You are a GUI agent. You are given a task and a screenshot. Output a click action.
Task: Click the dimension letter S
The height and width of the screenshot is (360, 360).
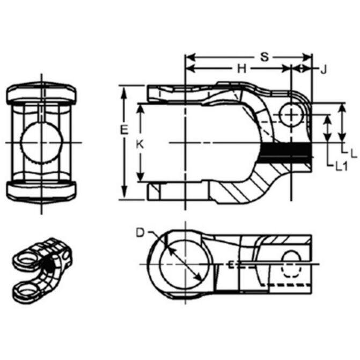[x=265, y=57]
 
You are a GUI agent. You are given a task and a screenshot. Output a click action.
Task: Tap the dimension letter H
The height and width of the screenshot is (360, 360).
[x=242, y=69]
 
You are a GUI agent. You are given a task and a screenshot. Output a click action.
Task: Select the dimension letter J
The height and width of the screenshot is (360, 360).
[x=324, y=69]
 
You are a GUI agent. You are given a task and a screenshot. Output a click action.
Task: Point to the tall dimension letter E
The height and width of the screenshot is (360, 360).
[x=124, y=130]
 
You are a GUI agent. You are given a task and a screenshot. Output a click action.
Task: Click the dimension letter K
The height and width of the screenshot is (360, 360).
[x=140, y=145]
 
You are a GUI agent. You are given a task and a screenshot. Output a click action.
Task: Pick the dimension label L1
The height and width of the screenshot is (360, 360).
[x=342, y=166]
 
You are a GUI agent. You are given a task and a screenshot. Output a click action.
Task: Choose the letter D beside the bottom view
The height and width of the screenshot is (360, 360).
[x=140, y=232]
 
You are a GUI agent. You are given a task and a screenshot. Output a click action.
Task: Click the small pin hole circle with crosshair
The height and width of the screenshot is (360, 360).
[x=291, y=115]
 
